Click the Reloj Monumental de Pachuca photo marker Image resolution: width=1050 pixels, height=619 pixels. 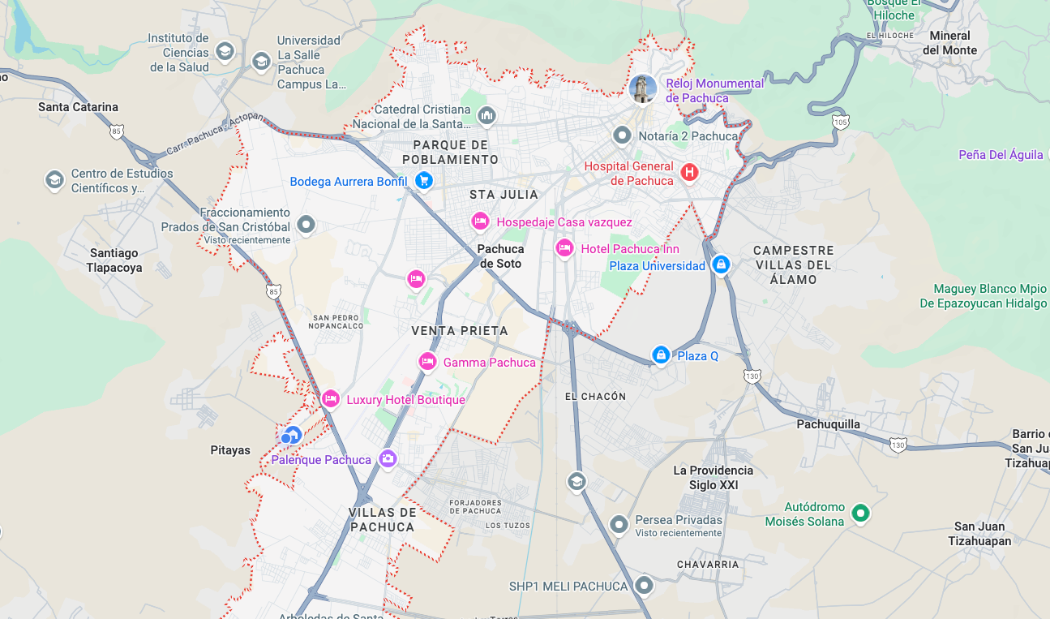point(643,90)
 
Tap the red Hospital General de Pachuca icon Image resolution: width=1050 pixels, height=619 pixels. point(689,173)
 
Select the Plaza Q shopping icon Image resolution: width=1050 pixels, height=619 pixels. point(661,355)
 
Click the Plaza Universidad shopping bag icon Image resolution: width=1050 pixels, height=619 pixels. point(720,264)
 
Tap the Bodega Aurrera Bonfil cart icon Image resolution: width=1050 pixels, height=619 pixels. point(422,181)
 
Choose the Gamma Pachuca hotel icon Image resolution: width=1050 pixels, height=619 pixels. point(427,362)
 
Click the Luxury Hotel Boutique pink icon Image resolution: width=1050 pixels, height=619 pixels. point(330,399)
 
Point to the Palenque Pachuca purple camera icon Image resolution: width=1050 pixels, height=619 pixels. point(388,459)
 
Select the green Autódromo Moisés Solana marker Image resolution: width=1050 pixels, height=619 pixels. point(861,513)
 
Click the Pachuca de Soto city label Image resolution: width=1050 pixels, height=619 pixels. point(500,256)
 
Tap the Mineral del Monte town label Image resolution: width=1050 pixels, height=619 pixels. point(949,43)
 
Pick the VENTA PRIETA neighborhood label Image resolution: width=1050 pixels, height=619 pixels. point(459,331)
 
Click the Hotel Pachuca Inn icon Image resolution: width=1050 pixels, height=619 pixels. point(564,248)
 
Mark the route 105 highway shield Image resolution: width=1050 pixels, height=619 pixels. point(841,122)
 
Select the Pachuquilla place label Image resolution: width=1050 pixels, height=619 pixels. point(828,424)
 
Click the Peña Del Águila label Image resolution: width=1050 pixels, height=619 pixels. point(1001,155)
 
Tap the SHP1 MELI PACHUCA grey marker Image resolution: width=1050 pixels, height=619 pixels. point(645,585)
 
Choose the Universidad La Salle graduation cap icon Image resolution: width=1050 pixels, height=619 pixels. point(261,62)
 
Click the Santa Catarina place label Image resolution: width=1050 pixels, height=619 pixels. point(78,107)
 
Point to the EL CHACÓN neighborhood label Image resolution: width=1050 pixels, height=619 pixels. point(595,397)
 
